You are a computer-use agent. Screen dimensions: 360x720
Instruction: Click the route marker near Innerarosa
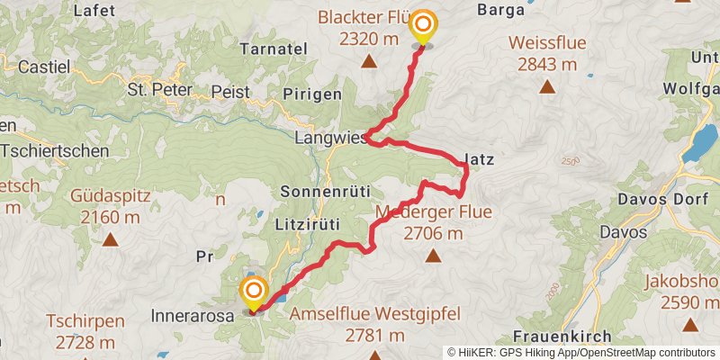click(254, 291)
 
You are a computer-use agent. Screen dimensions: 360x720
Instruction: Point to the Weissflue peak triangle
click(547, 87)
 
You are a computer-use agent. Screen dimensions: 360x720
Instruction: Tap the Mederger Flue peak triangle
click(433, 256)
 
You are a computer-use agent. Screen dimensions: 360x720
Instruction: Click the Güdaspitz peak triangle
click(110, 240)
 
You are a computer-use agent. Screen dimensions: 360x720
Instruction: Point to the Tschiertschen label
click(54, 151)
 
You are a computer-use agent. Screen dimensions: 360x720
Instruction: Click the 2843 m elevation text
click(547, 64)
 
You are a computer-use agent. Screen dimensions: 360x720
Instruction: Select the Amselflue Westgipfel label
click(376, 315)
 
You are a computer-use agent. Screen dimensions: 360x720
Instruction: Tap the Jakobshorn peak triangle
click(690, 324)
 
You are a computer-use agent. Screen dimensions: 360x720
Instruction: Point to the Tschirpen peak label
click(85, 321)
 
